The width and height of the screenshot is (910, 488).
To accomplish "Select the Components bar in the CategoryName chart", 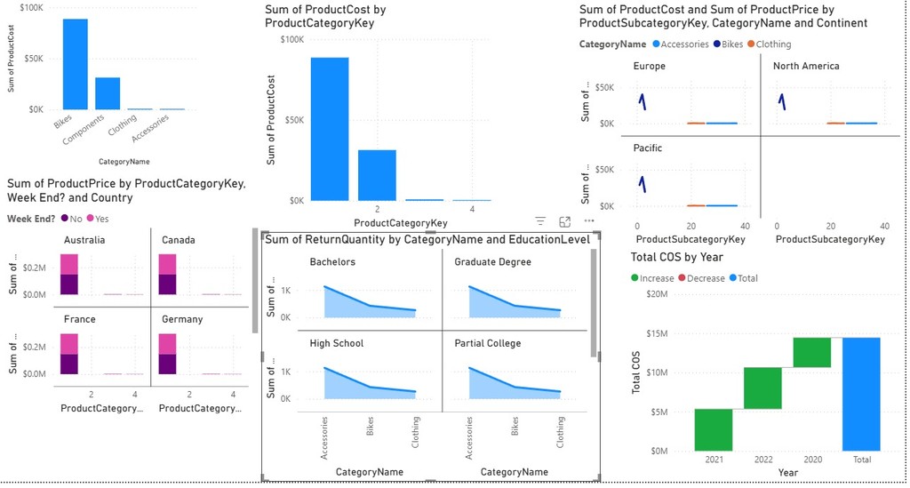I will (x=108, y=93).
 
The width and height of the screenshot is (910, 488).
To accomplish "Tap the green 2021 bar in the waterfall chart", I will (x=714, y=429).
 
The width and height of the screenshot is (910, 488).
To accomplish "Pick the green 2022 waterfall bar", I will (x=762, y=388).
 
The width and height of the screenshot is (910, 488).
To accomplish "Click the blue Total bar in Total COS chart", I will (x=861, y=394).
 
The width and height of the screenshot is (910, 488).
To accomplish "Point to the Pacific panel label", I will (x=647, y=148).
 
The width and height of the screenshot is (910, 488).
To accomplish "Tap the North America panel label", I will (x=805, y=67).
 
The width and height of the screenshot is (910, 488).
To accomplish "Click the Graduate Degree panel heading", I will (x=492, y=262).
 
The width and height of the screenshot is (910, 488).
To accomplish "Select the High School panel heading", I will (x=336, y=343).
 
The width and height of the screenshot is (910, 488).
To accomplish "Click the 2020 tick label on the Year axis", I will (x=812, y=460).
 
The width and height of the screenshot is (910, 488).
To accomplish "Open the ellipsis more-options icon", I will (x=588, y=221).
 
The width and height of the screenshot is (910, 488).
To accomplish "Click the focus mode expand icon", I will (x=564, y=221).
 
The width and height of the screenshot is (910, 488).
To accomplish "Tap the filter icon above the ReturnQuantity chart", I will (x=539, y=221).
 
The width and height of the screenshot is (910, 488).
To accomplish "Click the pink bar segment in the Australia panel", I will (x=68, y=264).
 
